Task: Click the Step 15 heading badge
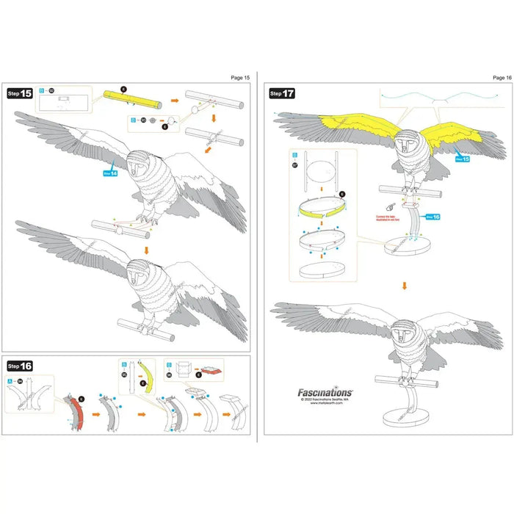click(20, 94)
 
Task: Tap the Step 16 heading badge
click(20, 365)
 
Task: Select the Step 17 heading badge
click(282, 93)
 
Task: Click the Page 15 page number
click(240, 77)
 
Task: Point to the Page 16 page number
click(502, 77)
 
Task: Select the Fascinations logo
click(325, 393)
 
